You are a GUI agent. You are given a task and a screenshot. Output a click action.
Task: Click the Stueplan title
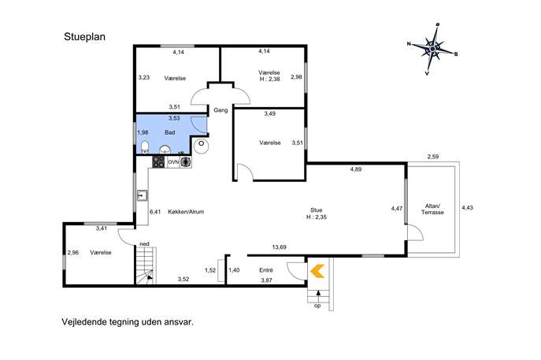[x=84, y=37]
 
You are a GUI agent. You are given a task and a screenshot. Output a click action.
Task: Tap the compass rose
[x=432, y=49]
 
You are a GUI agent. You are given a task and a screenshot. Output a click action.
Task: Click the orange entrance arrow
[x=317, y=271]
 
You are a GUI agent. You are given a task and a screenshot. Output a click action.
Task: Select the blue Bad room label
[x=170, y=132]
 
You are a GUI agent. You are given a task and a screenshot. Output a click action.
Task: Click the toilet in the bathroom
[x=145, y=147]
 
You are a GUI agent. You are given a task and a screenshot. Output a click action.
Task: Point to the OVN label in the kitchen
[x=173, y=161]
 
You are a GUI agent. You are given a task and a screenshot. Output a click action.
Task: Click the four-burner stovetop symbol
[x=159, y=162]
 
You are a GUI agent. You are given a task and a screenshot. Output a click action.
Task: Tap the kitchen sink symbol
[x=142, y=195]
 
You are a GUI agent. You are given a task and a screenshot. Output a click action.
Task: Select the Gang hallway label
[x=220, y=110]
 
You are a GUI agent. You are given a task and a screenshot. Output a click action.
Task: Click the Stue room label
[x=317, y=210]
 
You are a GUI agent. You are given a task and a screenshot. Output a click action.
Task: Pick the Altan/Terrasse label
[x=432, y=209]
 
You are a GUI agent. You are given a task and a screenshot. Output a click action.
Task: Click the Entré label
[x=266, y=270]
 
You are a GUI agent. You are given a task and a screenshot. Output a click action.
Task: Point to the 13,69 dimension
[x=279, y=247]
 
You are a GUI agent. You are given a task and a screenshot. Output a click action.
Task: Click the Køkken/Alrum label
[x=186, y=212]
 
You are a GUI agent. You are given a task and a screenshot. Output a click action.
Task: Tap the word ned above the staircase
[x=145, y=244]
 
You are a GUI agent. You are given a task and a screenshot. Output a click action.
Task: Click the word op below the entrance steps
[x=317, y=306]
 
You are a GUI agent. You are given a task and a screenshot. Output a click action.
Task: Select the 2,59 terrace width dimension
[x=433, y=156]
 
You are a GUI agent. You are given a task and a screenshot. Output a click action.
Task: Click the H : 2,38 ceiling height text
[x=270, y=79]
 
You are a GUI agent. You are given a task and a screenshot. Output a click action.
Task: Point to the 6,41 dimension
[x=155, y=212]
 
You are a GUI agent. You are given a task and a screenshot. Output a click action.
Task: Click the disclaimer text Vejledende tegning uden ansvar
[x=128, y=322]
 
